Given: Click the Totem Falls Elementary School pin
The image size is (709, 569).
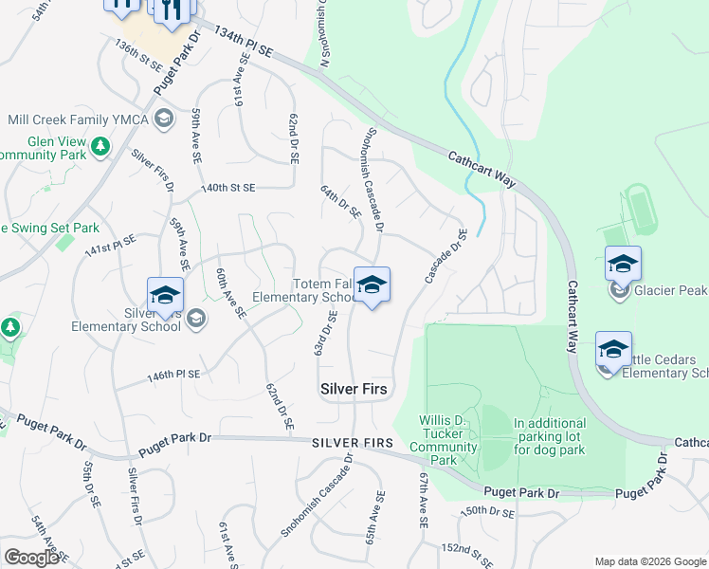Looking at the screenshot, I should (x=372, y=286).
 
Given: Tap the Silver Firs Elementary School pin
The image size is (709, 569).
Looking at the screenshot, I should (x=164, y=296).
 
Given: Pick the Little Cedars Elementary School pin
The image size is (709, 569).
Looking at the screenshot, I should (x=613, y=352).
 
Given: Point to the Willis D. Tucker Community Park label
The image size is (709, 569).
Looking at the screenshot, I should (x=449, y=440).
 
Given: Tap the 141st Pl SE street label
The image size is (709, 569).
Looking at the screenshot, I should (x=104, y=248).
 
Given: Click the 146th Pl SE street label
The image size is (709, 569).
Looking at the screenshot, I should (x=173, y=375).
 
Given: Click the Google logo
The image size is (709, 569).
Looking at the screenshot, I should (x=31, y=558).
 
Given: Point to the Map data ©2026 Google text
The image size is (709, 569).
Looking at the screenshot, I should (x=649, y=561).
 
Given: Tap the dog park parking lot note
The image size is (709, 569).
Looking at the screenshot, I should (x=550, y=436).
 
